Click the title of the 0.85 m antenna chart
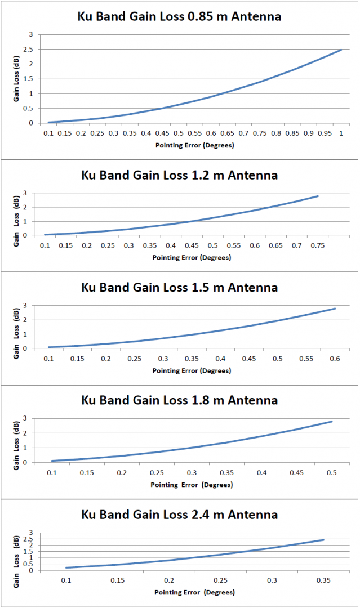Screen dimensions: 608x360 pos(179,16)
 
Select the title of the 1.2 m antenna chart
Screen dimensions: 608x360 pos(179,175)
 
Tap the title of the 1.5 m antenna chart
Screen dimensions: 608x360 pos(179,288)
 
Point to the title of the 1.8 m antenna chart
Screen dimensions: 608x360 pos(179,400)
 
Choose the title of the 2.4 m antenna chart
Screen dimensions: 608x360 pos(179,514)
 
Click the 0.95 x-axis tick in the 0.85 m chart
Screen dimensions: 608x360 pos(325,133)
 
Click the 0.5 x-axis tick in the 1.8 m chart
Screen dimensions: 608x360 pos(332,472)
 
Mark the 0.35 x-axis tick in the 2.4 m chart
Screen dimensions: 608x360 pos(323,580)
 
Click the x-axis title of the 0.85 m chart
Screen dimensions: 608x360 pos(194,145)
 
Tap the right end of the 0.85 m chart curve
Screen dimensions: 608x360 pos(341,50)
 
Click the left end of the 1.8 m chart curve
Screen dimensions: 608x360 pos(52,461)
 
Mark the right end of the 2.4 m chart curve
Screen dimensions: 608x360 pos(323,540)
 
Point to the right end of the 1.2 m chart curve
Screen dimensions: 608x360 pos(318,196)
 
